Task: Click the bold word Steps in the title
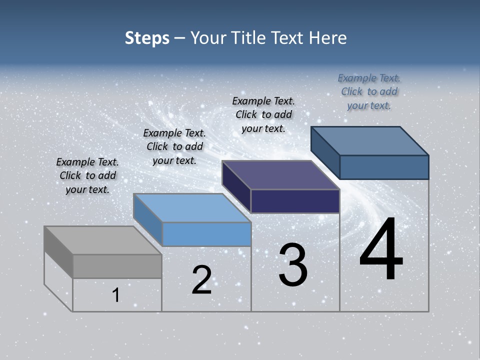coord(147,38)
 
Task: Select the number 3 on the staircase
coord(293,265)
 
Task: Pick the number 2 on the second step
coord(201,280)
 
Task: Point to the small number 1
coord(116,295)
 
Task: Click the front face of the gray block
coord(117,266)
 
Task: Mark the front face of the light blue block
coord(206,234)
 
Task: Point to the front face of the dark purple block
coord(295,201)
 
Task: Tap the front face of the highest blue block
coord(384,167)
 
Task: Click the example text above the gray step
coord(87,175)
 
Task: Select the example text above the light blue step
coord(174,146)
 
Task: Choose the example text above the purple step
coord(263,114)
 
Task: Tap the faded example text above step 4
coord(369,91)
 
